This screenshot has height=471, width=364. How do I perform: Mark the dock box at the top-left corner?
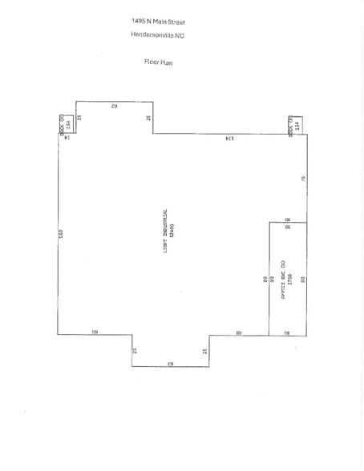click(69, 124)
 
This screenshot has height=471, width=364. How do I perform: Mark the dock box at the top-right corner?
click(294, 124)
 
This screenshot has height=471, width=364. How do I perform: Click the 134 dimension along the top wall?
click(229, 139)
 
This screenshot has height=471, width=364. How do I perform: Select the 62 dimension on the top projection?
click(115, 106)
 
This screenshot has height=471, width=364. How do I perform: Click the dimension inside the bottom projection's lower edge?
click(170, 363)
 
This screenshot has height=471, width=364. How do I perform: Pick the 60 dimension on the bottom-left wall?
click(95, 331)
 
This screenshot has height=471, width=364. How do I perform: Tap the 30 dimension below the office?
click(287, 331)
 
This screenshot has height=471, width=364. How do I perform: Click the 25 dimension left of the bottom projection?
click(135, 351)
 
